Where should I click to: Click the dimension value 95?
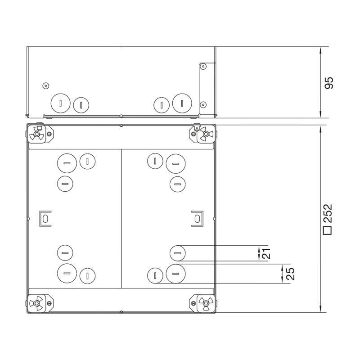(329, 83)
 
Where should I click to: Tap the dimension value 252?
(328, 213)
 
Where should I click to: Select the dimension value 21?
(266, 253)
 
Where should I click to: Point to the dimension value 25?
(290, 274)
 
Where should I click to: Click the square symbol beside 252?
(328, 230)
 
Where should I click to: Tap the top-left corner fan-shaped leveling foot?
(36, 134)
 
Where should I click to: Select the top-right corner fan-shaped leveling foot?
(206, 134)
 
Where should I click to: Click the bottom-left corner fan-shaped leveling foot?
(36, 303)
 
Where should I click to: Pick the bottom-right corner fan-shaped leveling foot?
(206, 303)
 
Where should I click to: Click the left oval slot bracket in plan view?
(45, 219)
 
